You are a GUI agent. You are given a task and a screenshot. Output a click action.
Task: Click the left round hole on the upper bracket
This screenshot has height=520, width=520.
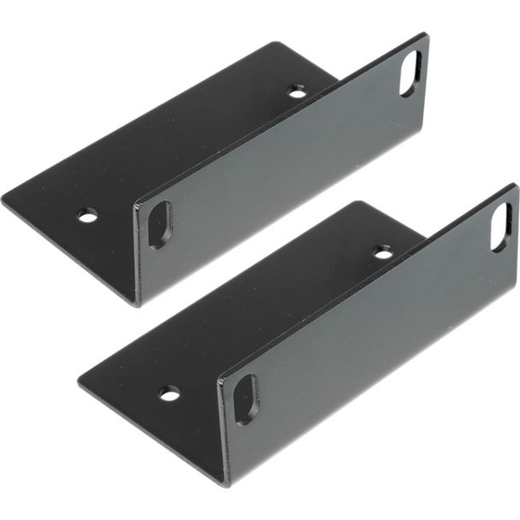pos(87,216)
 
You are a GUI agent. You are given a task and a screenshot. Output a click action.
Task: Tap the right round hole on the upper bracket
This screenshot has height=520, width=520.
pos(298,92)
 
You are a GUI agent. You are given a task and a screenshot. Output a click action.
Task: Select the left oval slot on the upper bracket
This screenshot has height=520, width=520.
pos(160,225)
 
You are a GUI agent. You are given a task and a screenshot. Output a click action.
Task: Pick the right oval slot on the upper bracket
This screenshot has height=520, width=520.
pos(411,73)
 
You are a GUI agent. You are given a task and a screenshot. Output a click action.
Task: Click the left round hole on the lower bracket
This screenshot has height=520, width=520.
pos(169,393)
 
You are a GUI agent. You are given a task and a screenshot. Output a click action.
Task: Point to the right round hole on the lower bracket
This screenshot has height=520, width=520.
pos(383,251)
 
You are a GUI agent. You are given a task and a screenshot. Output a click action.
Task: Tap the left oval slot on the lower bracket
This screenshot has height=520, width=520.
pos(246,399)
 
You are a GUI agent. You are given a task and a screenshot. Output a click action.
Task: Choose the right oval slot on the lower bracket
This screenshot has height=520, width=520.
pos(501,227)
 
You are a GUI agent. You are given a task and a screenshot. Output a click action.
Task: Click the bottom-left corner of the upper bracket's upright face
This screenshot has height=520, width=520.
pos(137,304)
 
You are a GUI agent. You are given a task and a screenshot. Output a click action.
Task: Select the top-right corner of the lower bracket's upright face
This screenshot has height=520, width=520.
pos(516,185)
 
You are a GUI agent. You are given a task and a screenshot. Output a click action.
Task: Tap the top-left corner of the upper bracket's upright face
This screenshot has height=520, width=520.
pos(134,203)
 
